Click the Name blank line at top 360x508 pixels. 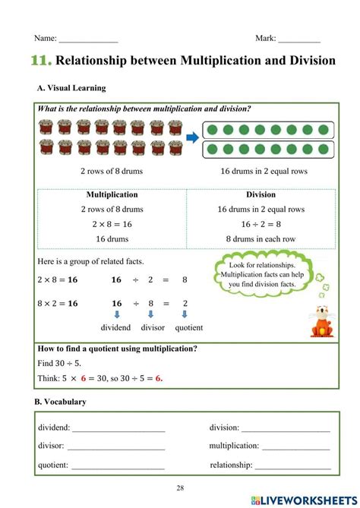point(88,39)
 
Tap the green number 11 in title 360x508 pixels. point(43,61)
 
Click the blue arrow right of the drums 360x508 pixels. point(192,137)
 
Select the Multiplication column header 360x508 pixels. point(112,194)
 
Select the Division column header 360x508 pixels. point(261,194)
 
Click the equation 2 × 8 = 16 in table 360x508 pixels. point(112,224)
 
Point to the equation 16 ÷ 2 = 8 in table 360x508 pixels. point(261,224)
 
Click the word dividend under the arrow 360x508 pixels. point(115,327)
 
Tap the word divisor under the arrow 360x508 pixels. point(153,327)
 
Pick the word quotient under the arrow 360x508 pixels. point(188,327)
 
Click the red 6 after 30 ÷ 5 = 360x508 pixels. point(159,377)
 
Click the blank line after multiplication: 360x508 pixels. point(295,447)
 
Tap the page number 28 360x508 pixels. point(180,487)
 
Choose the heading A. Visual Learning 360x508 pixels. point(71,88)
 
